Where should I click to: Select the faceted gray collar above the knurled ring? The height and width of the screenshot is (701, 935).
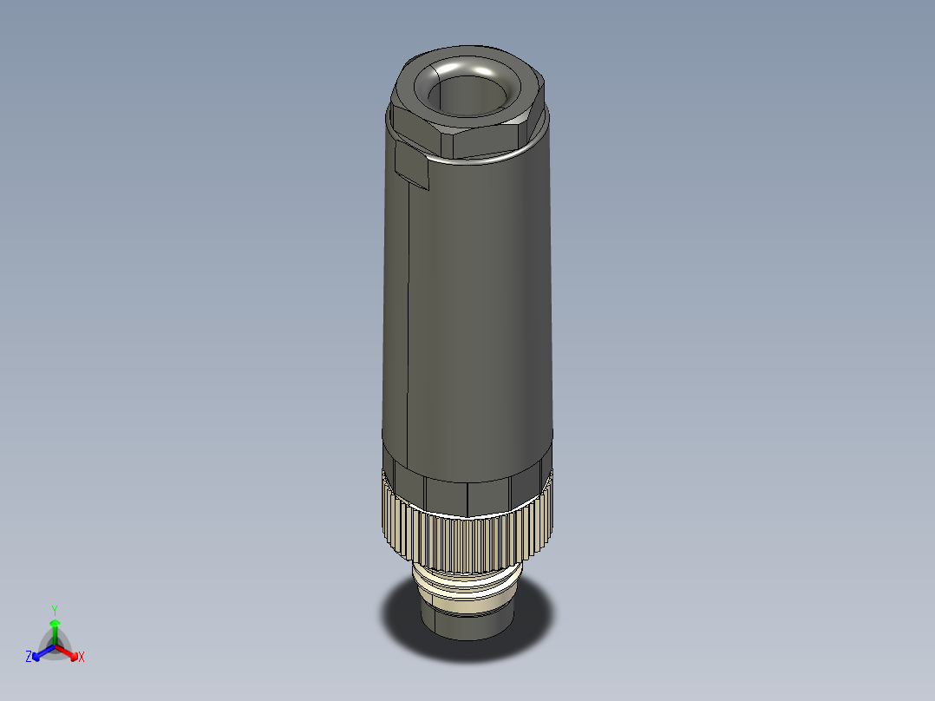[468, 495]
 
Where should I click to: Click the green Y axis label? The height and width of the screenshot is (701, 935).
[55, 610]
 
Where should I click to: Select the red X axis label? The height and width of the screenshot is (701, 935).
[82, 658]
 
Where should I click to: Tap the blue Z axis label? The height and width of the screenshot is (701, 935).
[29, 658]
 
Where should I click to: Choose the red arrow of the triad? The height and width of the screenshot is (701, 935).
[69, 652]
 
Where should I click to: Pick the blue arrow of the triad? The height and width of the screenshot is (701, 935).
[40, 652]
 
